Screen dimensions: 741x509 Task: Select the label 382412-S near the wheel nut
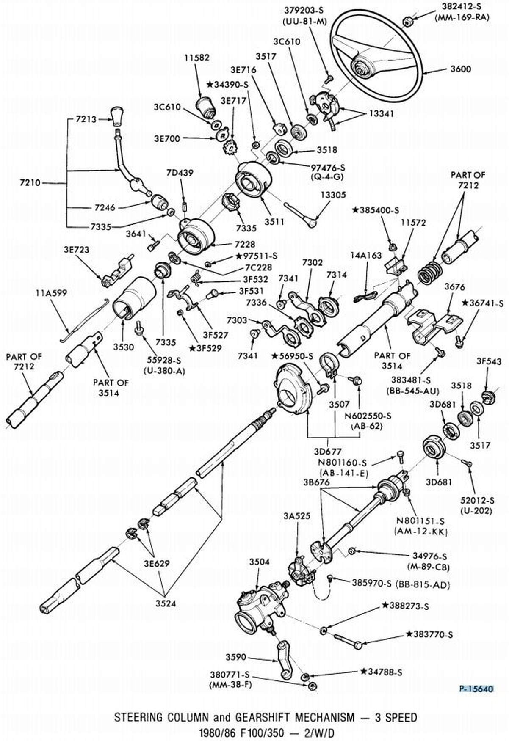pyautogui.click(x=462, y=7)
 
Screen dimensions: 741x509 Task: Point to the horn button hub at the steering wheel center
pyautogui.click(x=361, y=66)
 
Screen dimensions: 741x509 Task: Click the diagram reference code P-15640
pyautogui.click(x=477, y=689)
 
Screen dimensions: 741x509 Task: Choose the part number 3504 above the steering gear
pyautogui.click(x=259, y=562)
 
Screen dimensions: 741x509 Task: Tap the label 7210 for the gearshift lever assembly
pyautogui.click(x=30, y=183)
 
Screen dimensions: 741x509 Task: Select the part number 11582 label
pyautogui.click(x=197, y=58)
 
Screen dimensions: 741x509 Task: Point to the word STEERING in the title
pyautogui.click(x=138, y=717)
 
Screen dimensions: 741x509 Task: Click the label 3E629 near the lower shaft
pyautogui.click(x=156, y=564)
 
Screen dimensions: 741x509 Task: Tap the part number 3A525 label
pyautogui.click(x=297, y=516)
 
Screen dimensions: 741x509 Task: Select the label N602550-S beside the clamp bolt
pyautogui.click(x=368, y=416)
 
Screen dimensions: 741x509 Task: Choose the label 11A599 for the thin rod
pyautogui.click(x=51, y=293)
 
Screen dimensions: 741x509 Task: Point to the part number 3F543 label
pyautogui.click(x=489, y=361)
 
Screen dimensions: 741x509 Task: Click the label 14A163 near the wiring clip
pyautogui.click(x=366, y=256)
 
